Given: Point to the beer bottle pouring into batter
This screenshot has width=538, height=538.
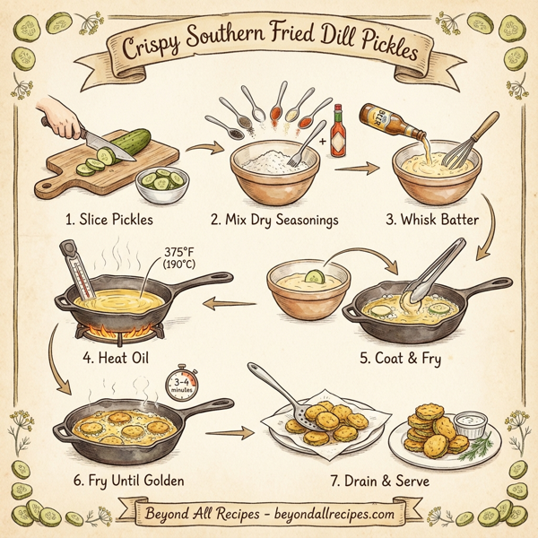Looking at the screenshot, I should pos(386,119).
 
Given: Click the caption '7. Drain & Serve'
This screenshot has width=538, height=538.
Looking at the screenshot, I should pos(378,482).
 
